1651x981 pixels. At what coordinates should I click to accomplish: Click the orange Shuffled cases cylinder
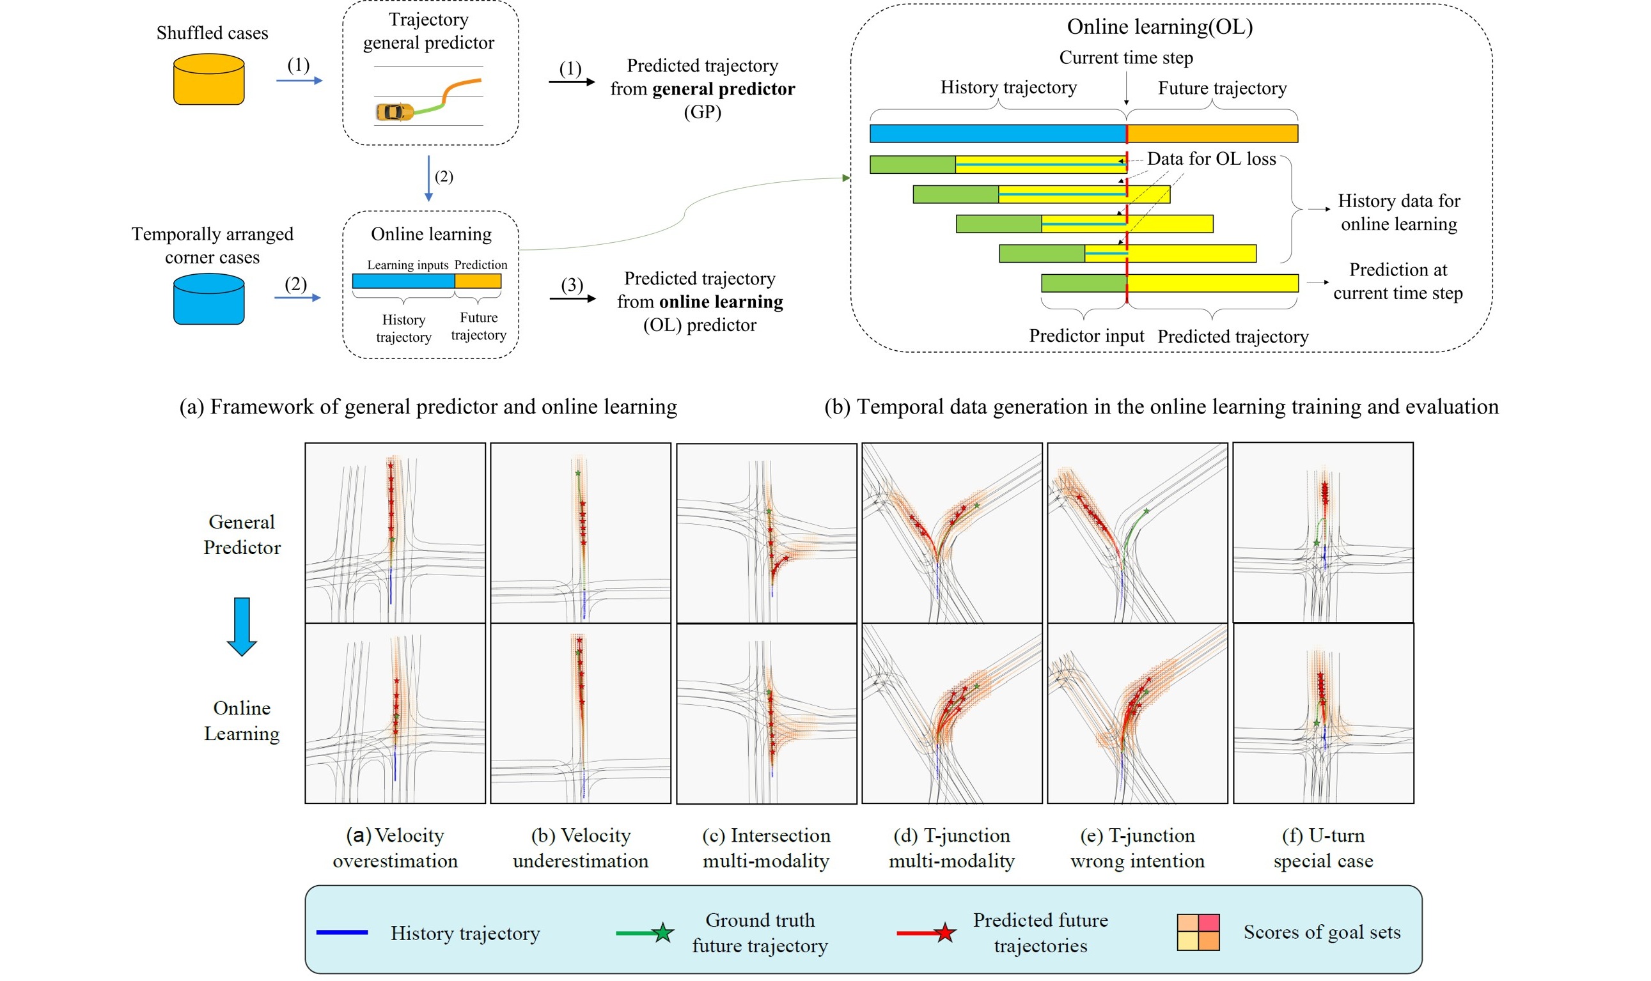tap(208, 79)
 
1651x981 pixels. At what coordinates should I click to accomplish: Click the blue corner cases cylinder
tap(208, 299)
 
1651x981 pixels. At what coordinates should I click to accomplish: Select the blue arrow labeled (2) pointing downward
tap(428, 178)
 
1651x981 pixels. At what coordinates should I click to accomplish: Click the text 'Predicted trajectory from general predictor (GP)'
tap(702, 89)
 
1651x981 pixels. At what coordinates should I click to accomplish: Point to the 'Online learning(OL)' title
tap(1159, 26)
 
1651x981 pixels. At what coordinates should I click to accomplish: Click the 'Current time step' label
tap(1125, 58)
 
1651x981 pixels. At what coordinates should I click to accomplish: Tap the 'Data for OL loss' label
tap(1210, 158)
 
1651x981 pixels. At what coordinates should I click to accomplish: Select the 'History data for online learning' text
tap(1398, 212)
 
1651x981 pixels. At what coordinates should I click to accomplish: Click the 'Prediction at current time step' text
tap(1397, 281)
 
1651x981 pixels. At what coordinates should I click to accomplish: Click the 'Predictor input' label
tap(1086, 336)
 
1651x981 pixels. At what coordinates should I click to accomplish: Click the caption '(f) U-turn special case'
tap(1322, 847)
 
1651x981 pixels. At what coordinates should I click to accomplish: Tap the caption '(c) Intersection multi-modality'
tap(765, 847)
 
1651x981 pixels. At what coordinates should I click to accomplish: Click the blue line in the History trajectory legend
tap(342, 932)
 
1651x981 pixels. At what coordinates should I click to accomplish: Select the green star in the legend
tap(662, 932)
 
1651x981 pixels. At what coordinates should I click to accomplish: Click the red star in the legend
tap(945, 932)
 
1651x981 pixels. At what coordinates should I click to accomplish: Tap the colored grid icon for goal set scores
tap(1198, 932)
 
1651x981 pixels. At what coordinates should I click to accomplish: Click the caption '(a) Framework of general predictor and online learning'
tap(428, 406)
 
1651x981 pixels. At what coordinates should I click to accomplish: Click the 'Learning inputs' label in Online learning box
tap(407, 265)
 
